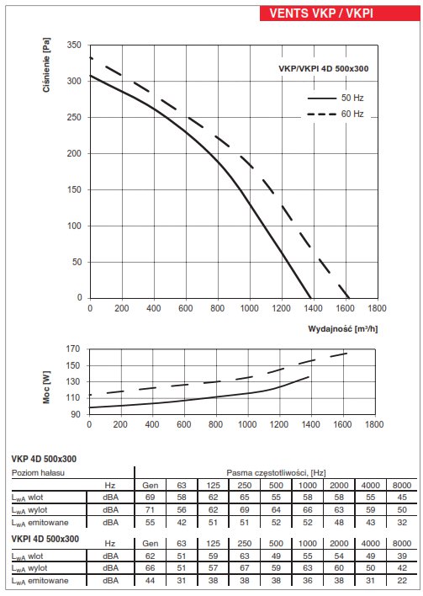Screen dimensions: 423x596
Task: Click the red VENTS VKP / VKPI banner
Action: coord(340,13)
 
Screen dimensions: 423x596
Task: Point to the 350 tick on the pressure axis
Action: coord(74,45)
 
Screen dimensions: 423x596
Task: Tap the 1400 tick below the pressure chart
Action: coord(313,308)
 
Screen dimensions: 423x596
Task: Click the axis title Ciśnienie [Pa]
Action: coord(46,65)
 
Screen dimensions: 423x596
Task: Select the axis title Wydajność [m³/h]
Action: coord(343,329)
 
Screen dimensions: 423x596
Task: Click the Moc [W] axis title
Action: coord(46,387)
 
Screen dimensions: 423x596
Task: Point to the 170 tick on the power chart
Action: coord(73,349)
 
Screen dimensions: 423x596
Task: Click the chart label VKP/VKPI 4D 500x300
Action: coord(324,69)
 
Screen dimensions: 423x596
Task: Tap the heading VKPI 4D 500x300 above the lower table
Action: coord(45,539)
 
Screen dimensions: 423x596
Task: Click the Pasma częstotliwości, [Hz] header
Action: coord(276,473)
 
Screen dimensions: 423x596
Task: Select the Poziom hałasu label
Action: coord(38,473)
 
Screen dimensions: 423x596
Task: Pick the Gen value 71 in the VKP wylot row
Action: coord(151,510)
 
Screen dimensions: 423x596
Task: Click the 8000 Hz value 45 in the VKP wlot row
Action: coord(402,498)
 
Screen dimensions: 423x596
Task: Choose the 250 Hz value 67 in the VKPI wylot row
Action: coord(245,568)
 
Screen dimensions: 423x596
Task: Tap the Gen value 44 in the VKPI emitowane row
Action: coord(151,580)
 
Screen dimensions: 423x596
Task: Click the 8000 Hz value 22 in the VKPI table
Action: coord(402,580)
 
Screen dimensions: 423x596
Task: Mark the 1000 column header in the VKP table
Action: coord(308,485)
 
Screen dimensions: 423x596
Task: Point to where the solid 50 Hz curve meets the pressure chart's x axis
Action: coord(311,298)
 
